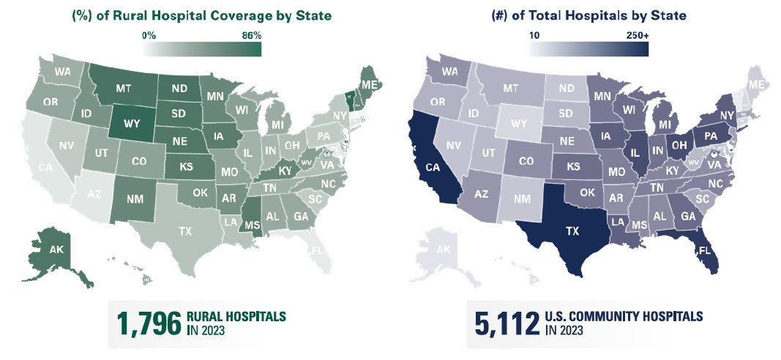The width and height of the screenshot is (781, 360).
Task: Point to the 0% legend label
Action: coord(149,34)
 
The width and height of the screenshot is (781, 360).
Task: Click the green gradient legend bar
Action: coord(202,48)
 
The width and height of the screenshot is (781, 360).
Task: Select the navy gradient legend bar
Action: coord(589,48)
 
